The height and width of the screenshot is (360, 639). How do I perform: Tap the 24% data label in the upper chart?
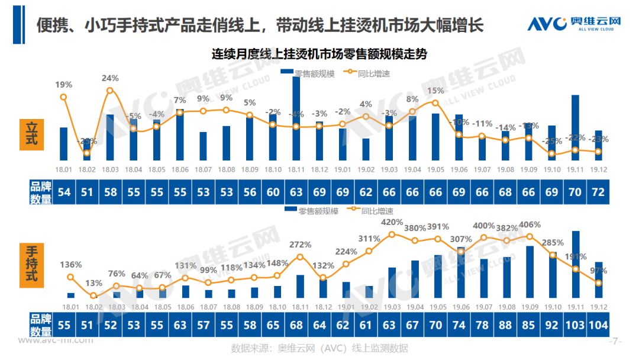[110, 78]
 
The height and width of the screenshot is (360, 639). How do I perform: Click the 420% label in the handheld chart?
[392, 222]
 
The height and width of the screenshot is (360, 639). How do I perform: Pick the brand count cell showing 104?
[598, 325]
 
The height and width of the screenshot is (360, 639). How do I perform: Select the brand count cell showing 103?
[575, 325]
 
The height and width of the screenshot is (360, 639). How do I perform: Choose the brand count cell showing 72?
[598, 192]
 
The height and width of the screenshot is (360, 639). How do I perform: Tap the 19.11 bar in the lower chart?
[575, 264]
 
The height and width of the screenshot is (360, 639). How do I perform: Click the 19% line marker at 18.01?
[63, 97]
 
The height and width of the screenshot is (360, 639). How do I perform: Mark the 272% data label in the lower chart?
[299, 245]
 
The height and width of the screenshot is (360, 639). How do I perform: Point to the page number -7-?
[615, 342]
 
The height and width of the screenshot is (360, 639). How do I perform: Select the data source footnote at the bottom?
[319, 348]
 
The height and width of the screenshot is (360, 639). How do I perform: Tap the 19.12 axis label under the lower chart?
[598, 307]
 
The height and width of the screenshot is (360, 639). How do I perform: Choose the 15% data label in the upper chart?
[435, 91]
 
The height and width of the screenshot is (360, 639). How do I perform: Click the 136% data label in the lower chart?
[70, 265]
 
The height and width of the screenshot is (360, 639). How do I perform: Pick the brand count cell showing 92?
[552, 325]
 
